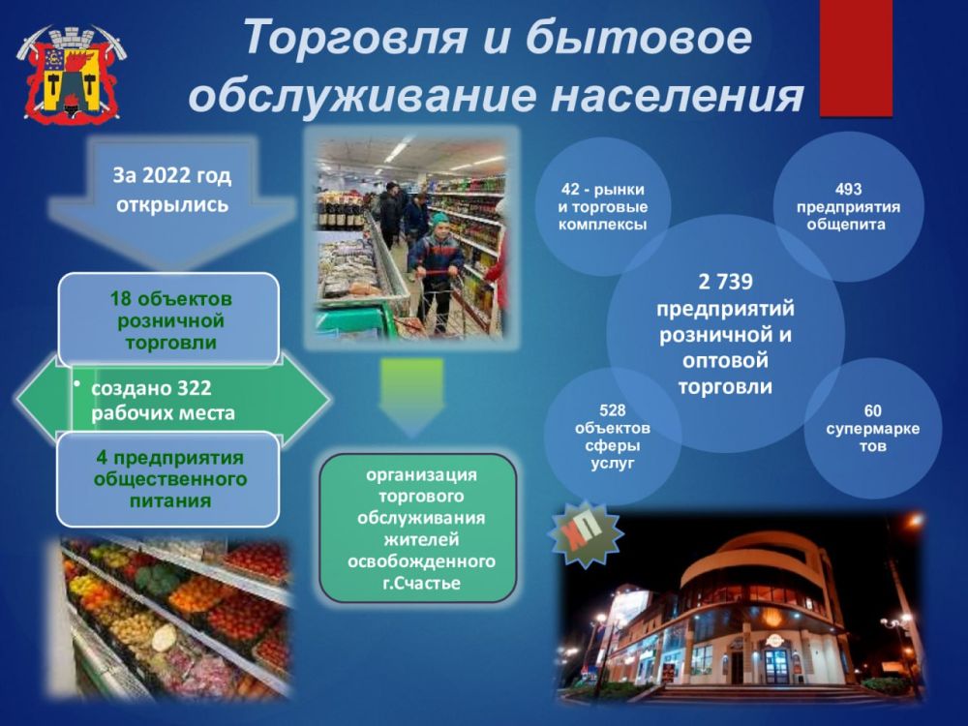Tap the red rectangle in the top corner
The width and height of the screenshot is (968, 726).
click(856, 58)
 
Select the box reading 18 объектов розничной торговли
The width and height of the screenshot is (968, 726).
click(168, 320)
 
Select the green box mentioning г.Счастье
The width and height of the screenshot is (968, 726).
click(419, 529)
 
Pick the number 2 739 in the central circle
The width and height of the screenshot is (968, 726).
click(725, 283)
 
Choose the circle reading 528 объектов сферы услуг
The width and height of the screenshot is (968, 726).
click(612, 437)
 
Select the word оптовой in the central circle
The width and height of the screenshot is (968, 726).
click(725, 360)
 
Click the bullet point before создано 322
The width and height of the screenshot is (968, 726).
click(77, 384)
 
